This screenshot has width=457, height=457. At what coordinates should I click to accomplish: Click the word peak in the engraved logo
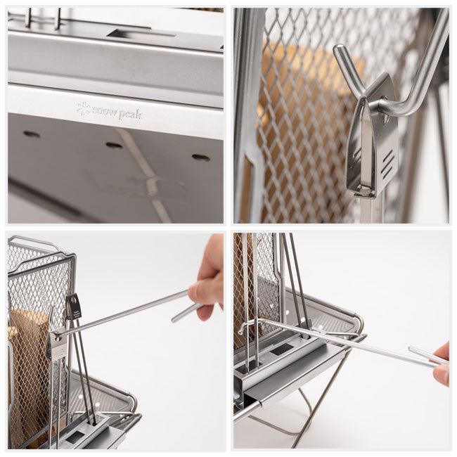tap(130, 114)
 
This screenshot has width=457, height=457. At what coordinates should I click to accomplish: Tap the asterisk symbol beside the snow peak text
tap(83, 108)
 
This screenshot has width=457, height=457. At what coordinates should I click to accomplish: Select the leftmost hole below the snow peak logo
tap(32, 134)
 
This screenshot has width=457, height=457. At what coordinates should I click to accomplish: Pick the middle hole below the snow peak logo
tap(114, 145)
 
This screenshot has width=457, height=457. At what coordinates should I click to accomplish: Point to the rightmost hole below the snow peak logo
tap(201, 157)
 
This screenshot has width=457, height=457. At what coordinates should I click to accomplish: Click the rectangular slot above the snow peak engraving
tap(141, 34)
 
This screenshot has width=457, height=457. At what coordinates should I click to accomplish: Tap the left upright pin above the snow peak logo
tap(28, 18)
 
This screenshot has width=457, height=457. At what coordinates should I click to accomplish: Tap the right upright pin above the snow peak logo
tap(57, 18)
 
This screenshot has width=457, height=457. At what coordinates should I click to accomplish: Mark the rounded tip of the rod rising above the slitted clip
tap(338, 49)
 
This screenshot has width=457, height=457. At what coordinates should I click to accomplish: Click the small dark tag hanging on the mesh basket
tap(73, 307)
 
